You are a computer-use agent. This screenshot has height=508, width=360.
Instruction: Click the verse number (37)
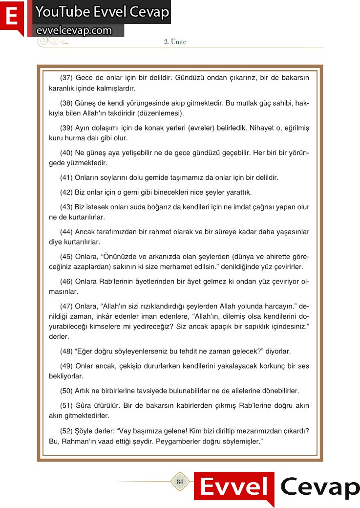pos(66,78)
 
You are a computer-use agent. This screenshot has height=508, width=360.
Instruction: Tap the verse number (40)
pos(66,153)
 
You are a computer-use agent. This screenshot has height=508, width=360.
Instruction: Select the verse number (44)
pos(66,232)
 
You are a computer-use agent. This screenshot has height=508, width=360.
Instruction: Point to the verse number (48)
pos(66,352)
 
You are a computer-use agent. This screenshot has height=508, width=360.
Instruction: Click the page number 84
pos(180,482)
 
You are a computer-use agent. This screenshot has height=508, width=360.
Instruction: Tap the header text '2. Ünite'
pos(175,42)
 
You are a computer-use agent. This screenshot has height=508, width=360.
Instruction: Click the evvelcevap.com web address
pos(74,30)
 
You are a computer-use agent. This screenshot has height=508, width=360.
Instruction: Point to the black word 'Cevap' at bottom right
pos(320,487)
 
